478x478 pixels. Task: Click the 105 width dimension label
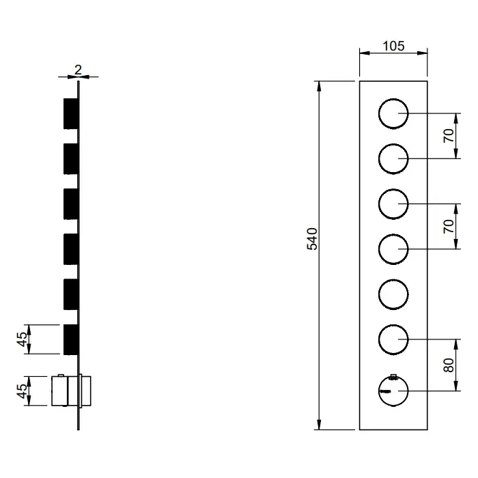[393, 46]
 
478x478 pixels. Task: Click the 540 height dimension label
[312, 239]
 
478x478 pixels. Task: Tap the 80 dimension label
[449, 365]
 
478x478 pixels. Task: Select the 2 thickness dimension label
[78, 70]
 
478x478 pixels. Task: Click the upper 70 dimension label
[449, 136]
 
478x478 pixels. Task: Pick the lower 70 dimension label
[449, 226]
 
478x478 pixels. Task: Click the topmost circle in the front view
[379, 113]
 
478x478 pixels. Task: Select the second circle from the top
[379, 159]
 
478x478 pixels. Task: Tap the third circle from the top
[379, 204]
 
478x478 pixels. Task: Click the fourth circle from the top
[379, 249]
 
